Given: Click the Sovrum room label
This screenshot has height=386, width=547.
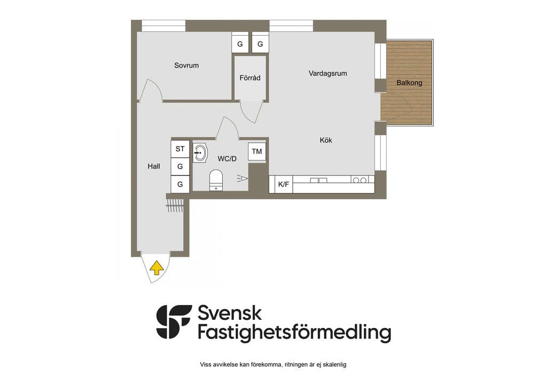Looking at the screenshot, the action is (x=186, y=66).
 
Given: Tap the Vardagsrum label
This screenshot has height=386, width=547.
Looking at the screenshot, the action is (x=327, y=74).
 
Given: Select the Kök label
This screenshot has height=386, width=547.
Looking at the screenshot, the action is (x=326, y=140).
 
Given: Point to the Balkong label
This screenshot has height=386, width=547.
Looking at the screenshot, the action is (x=409, y=83).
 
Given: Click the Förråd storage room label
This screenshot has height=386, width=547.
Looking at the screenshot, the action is (x=250, y=78).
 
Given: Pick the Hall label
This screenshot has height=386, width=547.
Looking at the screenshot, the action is (x=154, y=166).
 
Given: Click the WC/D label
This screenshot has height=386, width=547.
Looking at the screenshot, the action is (x=226, y=159).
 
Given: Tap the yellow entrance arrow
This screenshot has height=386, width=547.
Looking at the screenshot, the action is (x=157, y=268).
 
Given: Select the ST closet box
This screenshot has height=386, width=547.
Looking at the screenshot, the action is (x=180, y=149).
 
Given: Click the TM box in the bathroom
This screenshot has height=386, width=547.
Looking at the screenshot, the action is (x=257, y=151).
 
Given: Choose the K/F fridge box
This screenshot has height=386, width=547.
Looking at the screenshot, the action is (x=283, y=184).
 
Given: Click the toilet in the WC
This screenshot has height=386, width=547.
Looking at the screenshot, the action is (x=216, y=180).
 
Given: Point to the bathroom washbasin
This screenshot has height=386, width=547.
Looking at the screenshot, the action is (x=200, y=153).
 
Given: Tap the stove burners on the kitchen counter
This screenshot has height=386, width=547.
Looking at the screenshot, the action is (x=360, y=180).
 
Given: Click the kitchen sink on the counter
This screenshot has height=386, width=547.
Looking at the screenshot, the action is (x=319, y=180).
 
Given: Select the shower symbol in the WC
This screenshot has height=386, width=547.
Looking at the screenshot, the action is (x=243, y=179).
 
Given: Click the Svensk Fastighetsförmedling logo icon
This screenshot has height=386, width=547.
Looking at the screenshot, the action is (x=174, y=322).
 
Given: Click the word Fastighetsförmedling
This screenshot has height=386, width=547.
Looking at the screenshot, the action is (x=294, y=332).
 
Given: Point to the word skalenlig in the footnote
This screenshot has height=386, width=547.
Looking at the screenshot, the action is (x=334, y=365).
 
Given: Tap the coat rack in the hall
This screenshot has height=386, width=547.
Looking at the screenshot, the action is (x=175, y=206).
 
